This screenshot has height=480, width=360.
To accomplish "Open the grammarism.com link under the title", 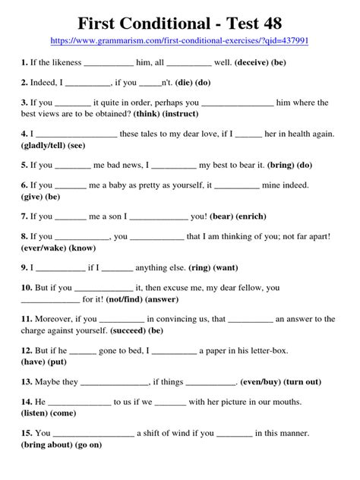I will tap(180, 39).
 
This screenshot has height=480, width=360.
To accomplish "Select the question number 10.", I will tap(26, 288).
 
